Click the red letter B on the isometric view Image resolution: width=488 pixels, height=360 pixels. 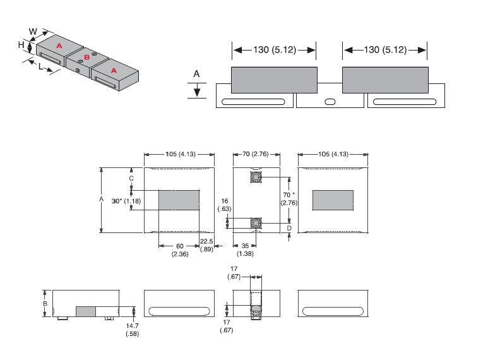87,57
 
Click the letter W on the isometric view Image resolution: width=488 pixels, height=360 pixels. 33,30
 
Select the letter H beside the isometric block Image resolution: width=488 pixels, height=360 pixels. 21,45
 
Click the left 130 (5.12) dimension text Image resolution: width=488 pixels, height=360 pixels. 273,50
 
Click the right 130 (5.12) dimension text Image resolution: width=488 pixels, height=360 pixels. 384,50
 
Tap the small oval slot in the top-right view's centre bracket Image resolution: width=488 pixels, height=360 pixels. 330,102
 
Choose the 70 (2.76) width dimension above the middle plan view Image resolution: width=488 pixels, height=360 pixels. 256,154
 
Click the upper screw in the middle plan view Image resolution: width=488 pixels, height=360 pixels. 256,177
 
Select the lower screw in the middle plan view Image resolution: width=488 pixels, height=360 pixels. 256,223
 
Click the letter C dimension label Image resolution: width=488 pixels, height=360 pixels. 131,179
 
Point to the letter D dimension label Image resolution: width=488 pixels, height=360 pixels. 289,227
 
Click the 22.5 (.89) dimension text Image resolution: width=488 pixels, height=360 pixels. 206,245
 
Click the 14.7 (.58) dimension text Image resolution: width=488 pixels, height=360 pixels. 133,329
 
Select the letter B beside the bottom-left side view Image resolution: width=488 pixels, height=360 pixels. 45,304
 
